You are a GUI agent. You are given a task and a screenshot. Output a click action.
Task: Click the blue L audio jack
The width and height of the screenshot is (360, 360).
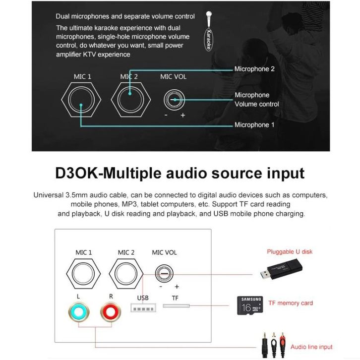[x=79, y=311]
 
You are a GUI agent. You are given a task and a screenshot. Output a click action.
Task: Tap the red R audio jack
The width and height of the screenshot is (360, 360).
[x=111, y=311]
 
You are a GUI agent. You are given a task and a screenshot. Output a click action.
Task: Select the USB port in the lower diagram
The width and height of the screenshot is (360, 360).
[x=143, y=308]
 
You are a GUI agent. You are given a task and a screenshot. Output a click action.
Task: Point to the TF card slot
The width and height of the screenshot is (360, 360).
[x=176, y=306]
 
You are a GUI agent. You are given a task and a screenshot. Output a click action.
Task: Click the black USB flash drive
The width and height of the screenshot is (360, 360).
[x=282, y=269]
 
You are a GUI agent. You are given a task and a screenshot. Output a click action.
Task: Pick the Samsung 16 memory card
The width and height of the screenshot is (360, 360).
[x=250, y=305]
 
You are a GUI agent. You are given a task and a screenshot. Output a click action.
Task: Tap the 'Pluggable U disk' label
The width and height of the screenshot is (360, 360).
[x=290, y=251]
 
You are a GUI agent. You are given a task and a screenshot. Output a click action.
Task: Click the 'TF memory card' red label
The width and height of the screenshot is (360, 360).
[x=291, y=303]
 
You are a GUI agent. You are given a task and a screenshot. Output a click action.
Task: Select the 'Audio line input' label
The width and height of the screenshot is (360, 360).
[x=311, y=347]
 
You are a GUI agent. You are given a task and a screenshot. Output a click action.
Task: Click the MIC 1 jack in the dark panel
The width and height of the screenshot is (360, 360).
[x=81, y=100]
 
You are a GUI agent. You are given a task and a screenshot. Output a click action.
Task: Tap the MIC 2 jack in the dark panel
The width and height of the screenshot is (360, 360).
[x=130, y=100]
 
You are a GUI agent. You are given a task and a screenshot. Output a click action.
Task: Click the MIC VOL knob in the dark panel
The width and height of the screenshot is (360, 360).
[x=174, y=100]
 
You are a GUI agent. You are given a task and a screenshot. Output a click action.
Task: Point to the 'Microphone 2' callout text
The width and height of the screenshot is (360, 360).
[x=254, y=69]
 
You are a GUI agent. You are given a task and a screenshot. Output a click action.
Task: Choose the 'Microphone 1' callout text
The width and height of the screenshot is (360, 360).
[x=254, y=125]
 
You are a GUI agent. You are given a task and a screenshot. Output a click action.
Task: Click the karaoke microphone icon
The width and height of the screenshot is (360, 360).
[x=208, y=31]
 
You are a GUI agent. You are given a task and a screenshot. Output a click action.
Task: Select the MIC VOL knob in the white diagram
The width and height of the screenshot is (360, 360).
[x=164, y=274]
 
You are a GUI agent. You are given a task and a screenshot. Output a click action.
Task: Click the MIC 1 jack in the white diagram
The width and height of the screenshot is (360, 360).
[x=83, y=274]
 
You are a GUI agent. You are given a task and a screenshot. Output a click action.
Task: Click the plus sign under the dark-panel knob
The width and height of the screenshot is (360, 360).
[x=183, y=115]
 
